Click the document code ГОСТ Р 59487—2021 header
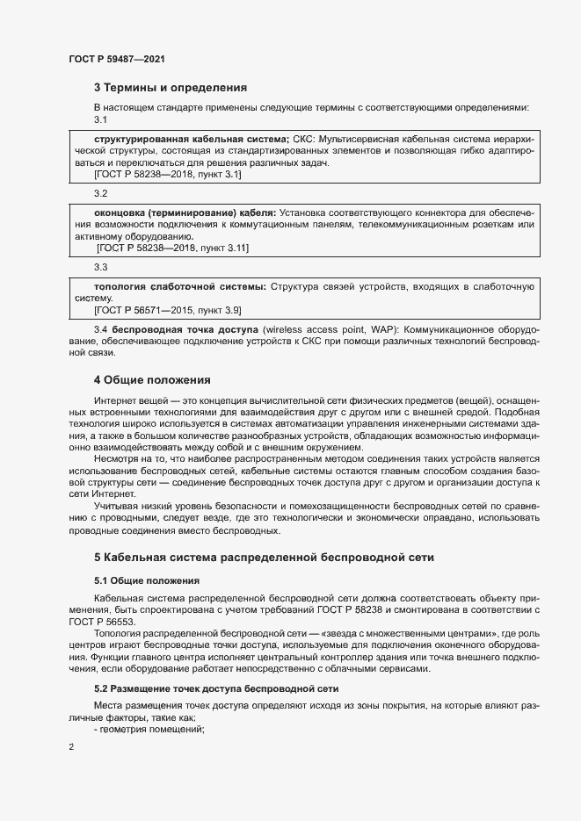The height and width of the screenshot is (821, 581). (x=116, y=59)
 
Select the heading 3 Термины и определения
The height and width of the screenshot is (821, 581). (x=170, y=88)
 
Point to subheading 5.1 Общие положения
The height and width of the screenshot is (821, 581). (x=147, y=580)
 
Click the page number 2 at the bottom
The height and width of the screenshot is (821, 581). (x=71, y=747)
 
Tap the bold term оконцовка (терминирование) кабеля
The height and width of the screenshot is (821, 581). (x=185, y=212)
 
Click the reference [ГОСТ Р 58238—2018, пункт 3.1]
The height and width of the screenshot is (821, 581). (x=167, y=176)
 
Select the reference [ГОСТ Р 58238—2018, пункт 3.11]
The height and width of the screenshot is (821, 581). (x=172, y=249)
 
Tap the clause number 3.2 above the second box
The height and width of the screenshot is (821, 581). (x=100, y=193)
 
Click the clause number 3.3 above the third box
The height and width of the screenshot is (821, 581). (x=100, y=267)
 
